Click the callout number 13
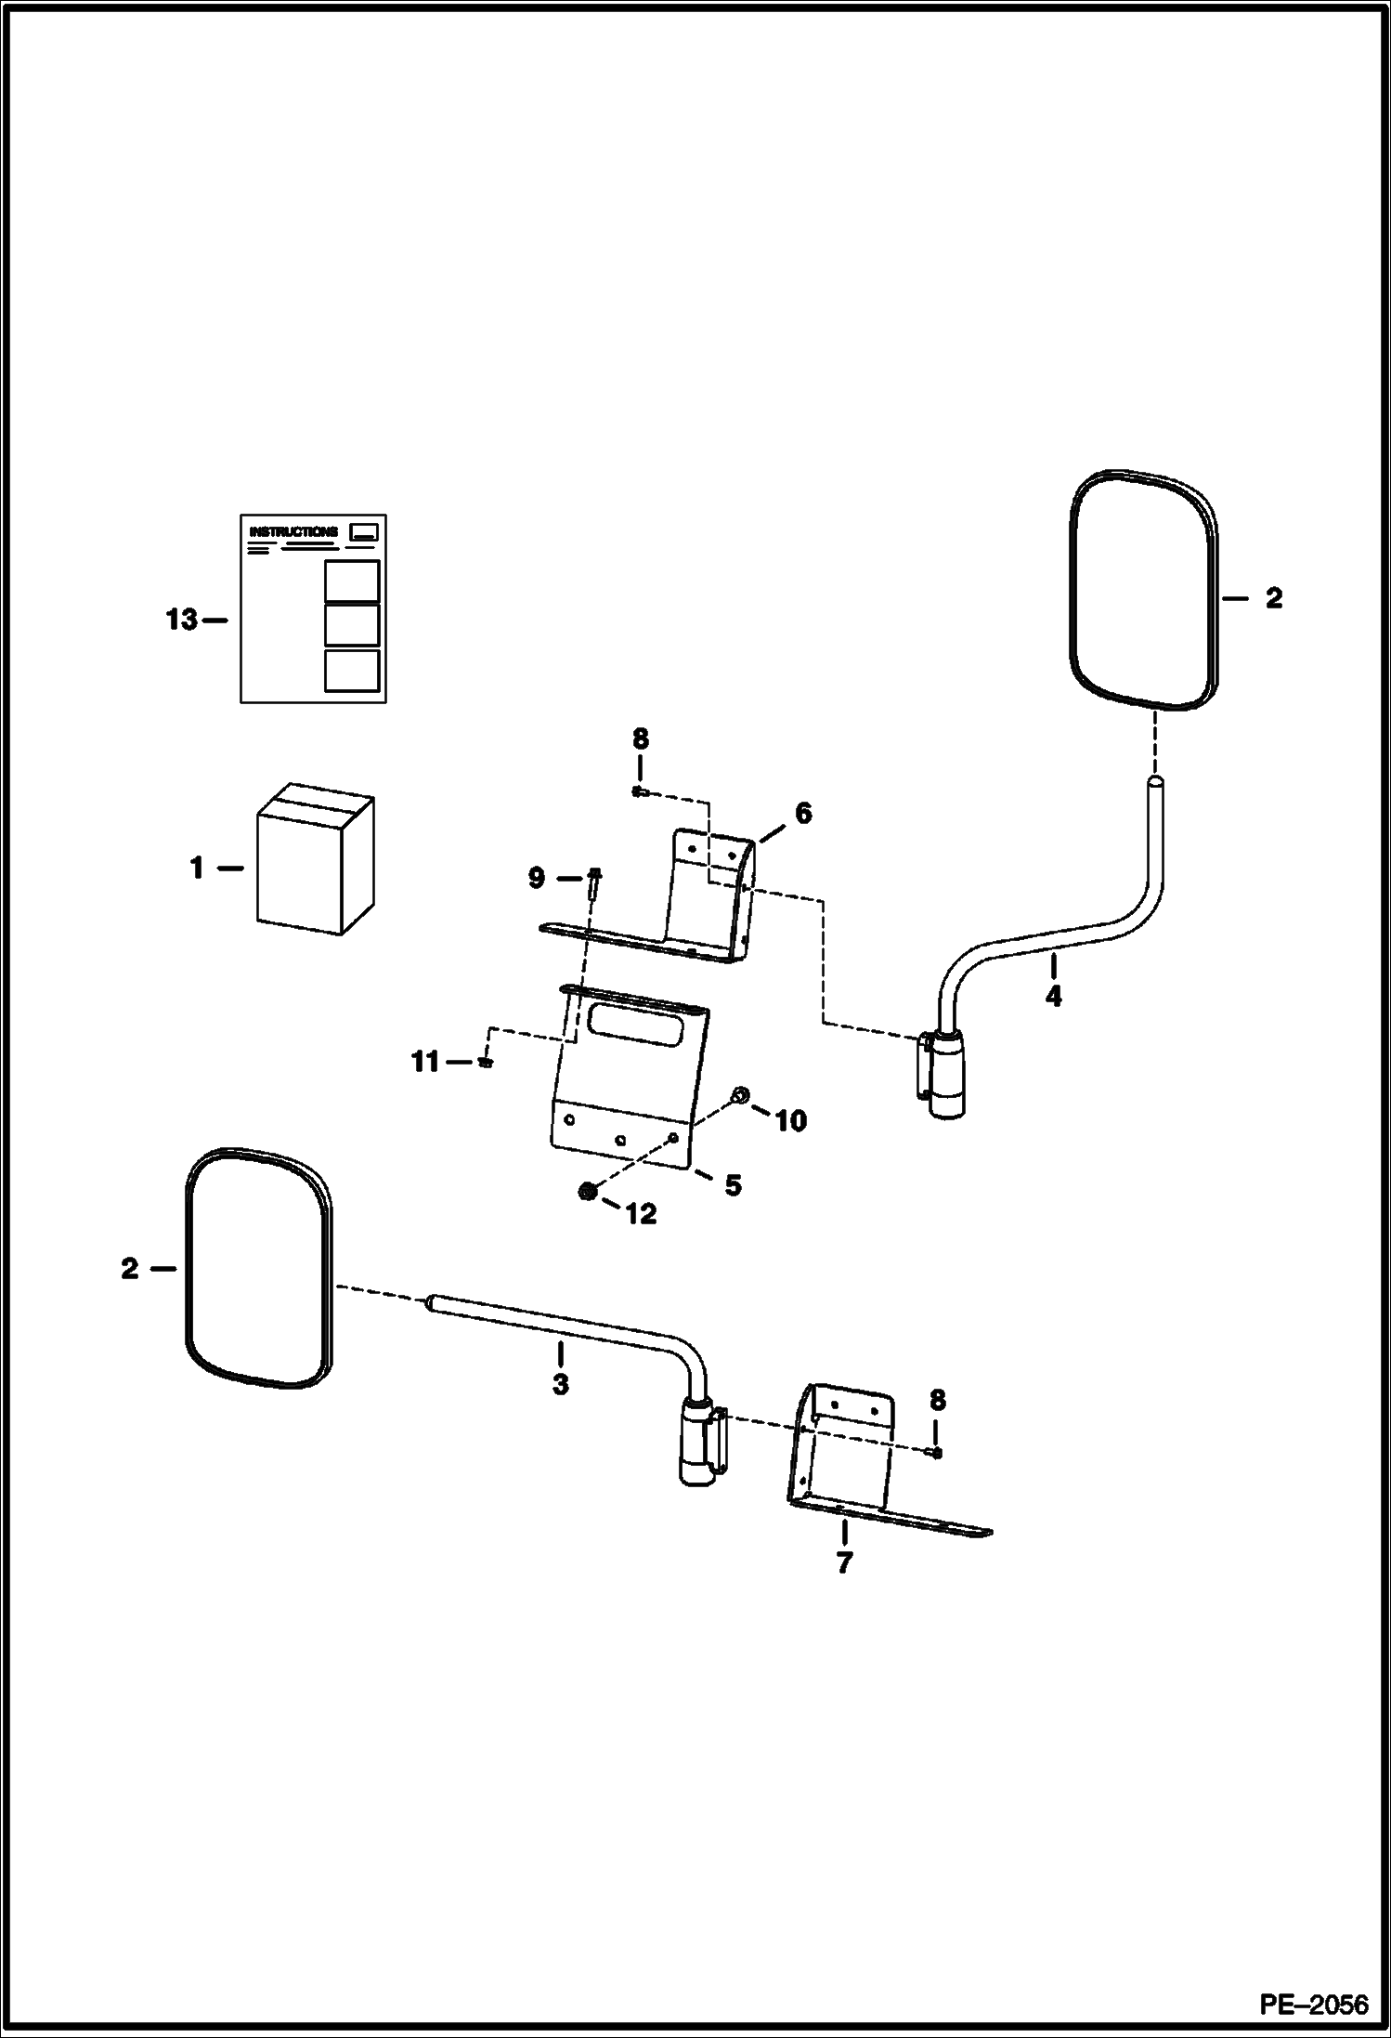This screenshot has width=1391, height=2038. [x=182, y=620]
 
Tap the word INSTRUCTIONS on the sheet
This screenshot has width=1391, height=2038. [x=292, y=532]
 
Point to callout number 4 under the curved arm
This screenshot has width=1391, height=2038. [x=1053, y=997]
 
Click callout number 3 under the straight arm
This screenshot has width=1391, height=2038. [x=560, y=1384]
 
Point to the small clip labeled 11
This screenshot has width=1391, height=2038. [x=485, y=1062]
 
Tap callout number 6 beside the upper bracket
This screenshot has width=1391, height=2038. [x=802, y=813]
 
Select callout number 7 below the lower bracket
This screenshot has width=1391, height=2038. [x=843, y=1563]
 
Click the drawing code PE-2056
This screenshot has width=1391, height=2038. [x=1313, y=2005]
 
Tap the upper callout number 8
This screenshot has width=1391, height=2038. [x=640, y=739]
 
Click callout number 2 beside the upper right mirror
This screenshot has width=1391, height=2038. [x=1273, y=599]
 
